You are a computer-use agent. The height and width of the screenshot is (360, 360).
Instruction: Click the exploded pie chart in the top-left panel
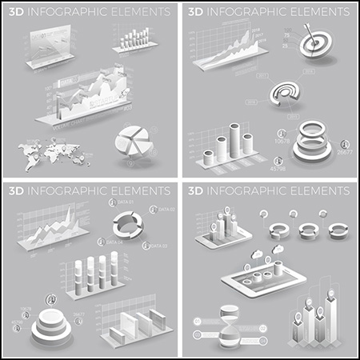(x=134, y=142)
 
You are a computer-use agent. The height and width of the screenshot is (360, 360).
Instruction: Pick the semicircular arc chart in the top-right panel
(x=285, y=92)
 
